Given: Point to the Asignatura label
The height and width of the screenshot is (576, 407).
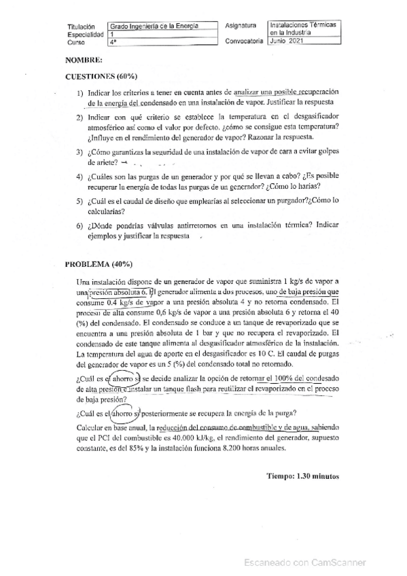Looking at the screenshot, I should [241, 25].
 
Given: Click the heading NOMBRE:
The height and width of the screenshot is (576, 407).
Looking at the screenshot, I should [84, 60].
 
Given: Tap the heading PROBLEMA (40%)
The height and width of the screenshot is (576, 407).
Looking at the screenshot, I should [98, 264].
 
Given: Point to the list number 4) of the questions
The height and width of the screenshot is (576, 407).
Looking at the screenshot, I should [80, 175].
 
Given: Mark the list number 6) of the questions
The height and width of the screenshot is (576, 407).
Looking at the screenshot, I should [80, 225].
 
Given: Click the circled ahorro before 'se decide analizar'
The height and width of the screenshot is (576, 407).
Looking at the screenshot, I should [125, 378].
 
